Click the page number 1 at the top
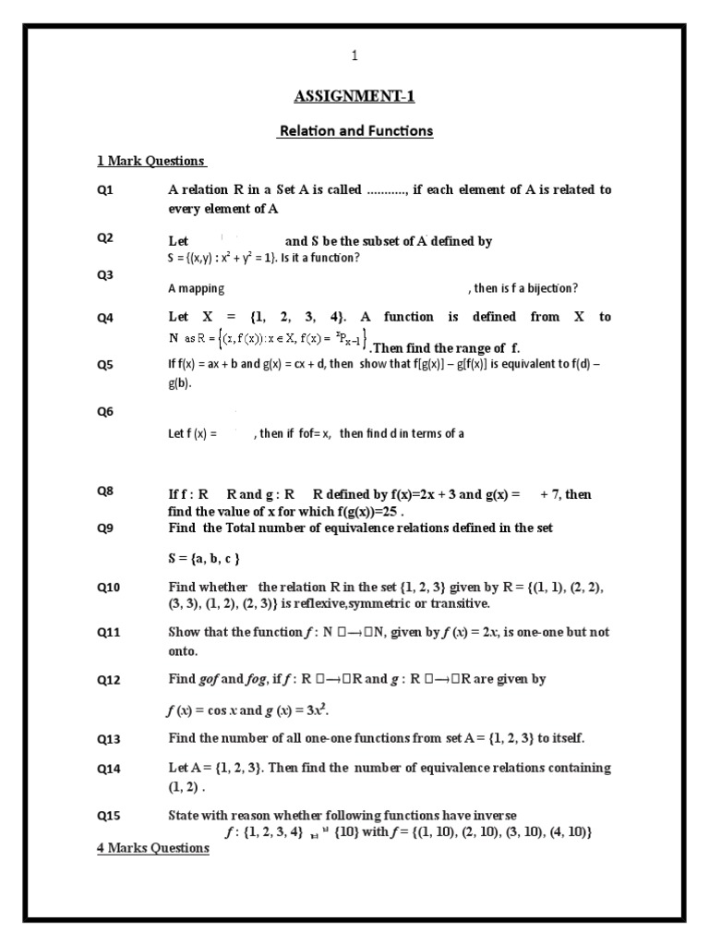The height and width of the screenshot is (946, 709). [354, 56]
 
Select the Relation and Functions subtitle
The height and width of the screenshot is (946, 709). [355, 130]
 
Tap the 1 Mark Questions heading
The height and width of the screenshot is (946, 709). [150, 161]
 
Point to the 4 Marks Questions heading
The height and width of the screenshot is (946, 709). [153, 847]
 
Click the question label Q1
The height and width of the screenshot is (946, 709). [105, 189]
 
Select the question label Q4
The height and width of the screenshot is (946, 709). [105, 318]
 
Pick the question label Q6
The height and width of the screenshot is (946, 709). [105, 412]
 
